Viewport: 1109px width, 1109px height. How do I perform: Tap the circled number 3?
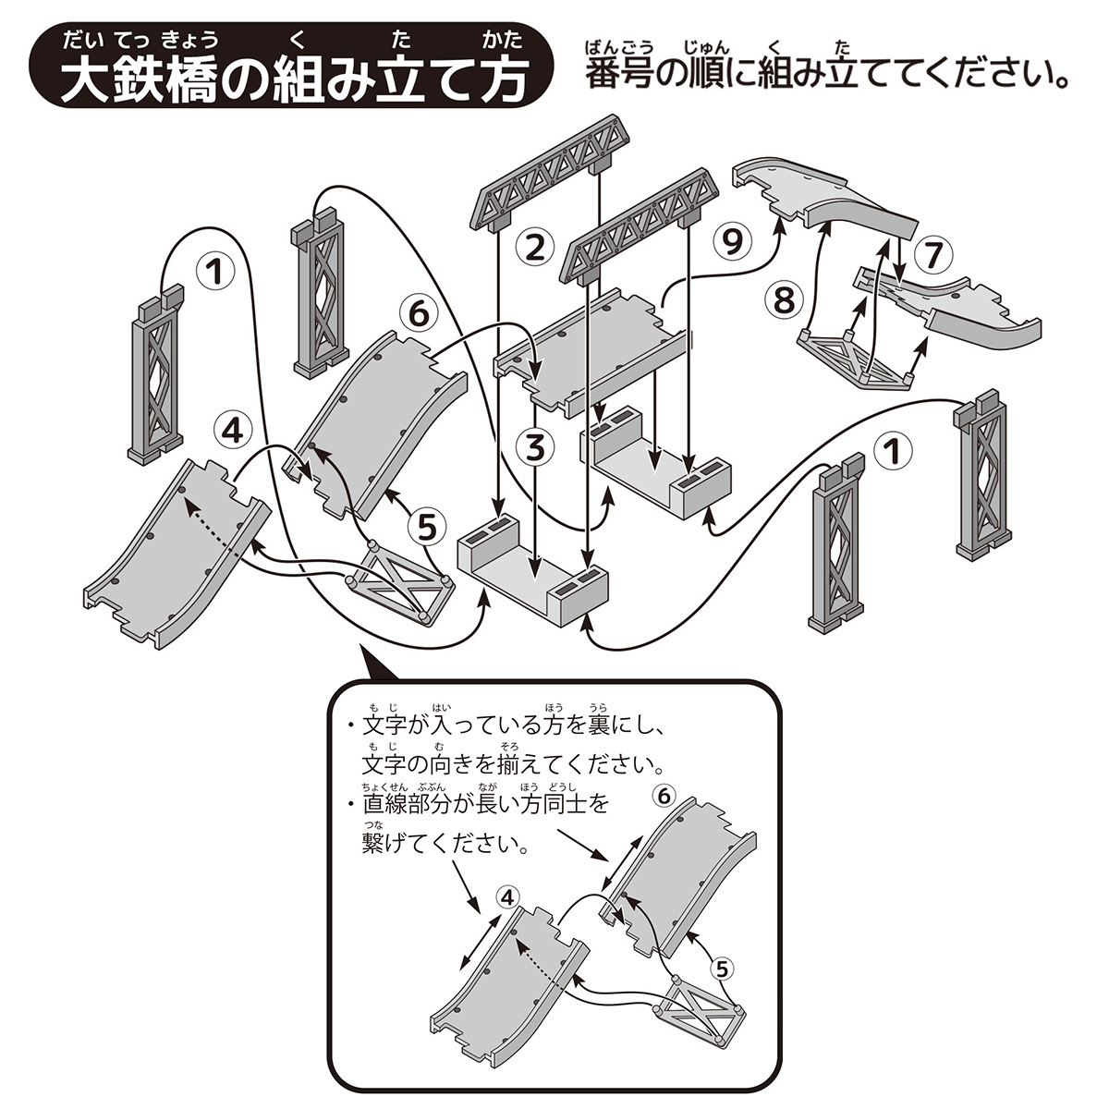pyautogui.click(x=534, y=448)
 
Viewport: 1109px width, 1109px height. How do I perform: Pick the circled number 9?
pyautogui.click(x=731, y=241)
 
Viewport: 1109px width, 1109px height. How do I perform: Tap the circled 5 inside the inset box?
pyautogui.click(x=724, y=968)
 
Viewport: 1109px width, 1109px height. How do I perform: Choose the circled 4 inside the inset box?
pyautogui.click(x=508, y=896)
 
